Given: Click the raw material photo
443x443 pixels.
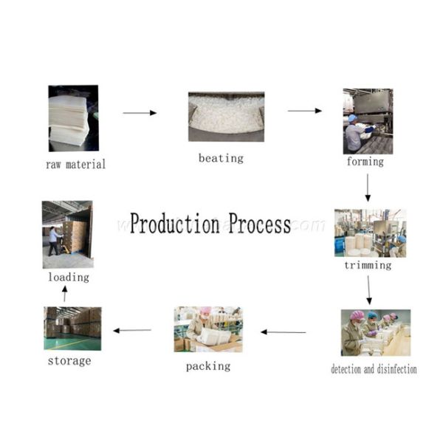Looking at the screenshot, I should pyautogui.click(x=73, y=118).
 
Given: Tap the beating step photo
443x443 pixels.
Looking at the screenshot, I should pyautogui.click(x=226, y=117).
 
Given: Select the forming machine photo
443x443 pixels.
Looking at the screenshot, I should pyautogui.click(x=368, y=121).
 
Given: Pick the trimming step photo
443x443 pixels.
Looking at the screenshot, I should pyautogui.click(x=370, y=233).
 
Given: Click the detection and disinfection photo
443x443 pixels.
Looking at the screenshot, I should pyautogui.click(x=375, y=332).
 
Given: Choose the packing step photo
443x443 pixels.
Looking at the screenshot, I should pyautogui.click(x=208, y=329).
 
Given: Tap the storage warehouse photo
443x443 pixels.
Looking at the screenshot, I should pyautogui.click(x=72, y=329).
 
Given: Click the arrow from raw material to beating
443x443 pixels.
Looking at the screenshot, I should pyautogui.click(x=140, y=113).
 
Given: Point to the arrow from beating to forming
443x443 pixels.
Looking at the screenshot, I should pyautogui.click(x=304, y=111).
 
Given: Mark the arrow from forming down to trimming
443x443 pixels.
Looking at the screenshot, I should pyautogui.click(x=368, y=189).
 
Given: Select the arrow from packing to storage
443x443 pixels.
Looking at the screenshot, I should pyautogui.click(x=132, y=330).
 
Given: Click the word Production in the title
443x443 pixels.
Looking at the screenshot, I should pyautogui.click(x=175, y=224).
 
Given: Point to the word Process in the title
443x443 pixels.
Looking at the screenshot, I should pyautogui.click(x=259, y=224).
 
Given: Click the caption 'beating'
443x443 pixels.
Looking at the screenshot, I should pyautogui.click(x=221, y=158).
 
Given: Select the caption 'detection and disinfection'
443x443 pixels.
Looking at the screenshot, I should pyautogui.click(x=374, y=368).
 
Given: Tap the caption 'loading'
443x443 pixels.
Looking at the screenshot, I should pyautogui.click(x=69, y=277).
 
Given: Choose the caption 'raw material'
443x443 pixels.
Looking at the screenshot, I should pyautogui.click(x=75, y=164).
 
